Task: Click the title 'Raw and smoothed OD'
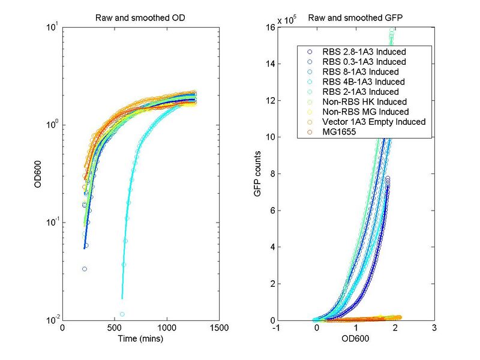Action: tap(140, 17)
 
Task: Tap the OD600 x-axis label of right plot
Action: tap(355, 338)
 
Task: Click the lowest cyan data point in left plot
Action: tap(122, 314)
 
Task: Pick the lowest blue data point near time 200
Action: tap(85, 269)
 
